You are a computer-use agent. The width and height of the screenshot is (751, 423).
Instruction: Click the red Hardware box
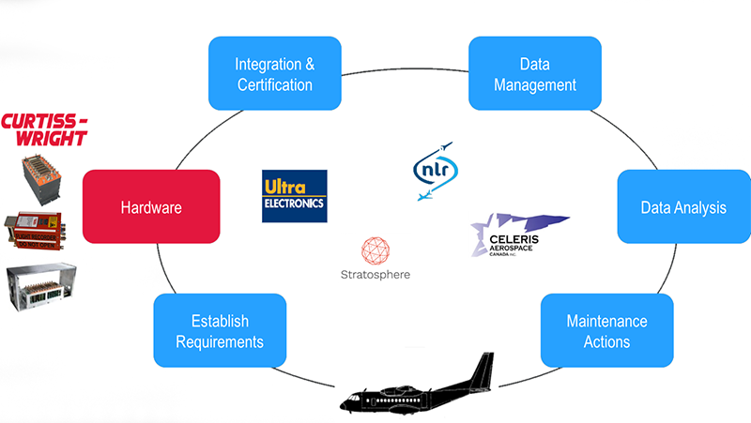point(151,207)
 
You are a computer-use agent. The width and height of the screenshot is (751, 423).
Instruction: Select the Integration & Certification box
point(274,75)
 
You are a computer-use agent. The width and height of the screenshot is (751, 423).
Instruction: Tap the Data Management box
point(534,75)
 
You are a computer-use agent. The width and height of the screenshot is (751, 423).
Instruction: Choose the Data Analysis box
point(682,207)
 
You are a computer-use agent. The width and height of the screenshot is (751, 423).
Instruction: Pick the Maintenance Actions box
point(606,331)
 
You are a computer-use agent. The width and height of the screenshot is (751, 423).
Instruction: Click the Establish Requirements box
point(220,331)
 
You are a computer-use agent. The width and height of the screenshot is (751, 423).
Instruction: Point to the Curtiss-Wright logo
point(44,129)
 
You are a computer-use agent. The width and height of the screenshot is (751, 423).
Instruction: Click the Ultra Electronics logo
point(294,196)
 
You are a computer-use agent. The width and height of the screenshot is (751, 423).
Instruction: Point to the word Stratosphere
point(375,276)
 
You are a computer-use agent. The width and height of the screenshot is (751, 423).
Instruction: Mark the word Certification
point(274,85)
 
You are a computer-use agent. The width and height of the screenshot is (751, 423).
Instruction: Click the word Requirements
point(220,342)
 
